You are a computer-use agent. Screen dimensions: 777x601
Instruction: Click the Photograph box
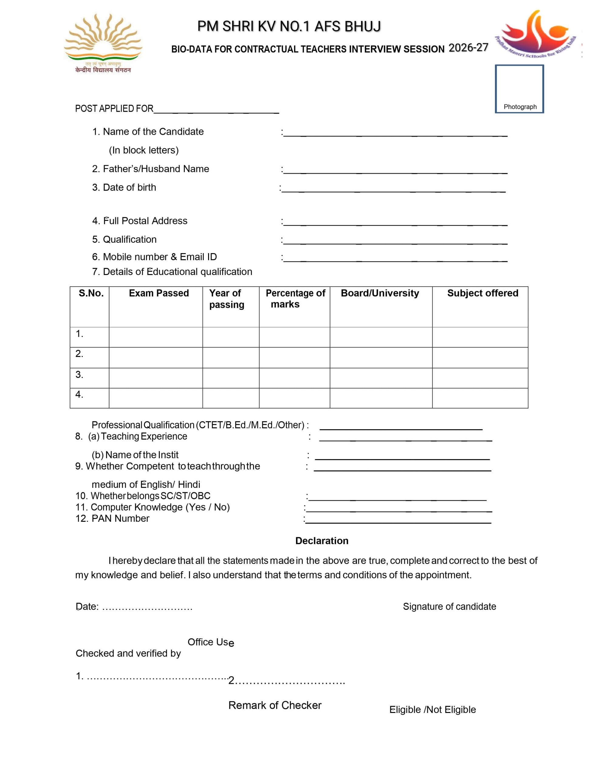click(519, 89)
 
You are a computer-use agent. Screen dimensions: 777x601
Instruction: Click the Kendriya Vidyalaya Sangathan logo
click(103, 43)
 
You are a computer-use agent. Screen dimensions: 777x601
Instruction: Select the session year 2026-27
click(468, 48)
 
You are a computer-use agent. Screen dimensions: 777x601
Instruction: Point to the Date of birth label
click(124, 188)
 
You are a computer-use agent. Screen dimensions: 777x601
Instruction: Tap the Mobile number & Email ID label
click(154, 257)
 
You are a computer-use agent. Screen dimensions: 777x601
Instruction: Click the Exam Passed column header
click(159, 293)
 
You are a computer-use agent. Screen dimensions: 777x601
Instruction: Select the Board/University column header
click(380, 293)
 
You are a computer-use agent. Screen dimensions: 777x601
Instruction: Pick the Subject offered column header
click(483, 293)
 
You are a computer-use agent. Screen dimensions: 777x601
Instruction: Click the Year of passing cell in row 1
click(231, 337)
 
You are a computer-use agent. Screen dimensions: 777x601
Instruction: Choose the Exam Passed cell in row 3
click(156, 378)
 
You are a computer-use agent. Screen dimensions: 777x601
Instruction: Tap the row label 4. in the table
click(79, 395)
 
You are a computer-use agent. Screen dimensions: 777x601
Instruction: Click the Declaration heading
click(322, 541)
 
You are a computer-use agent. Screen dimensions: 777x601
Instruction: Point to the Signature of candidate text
click(449, 607)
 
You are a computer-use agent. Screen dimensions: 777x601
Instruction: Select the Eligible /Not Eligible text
click(432, 709)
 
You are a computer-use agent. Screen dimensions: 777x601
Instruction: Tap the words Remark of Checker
click(275, 705)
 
